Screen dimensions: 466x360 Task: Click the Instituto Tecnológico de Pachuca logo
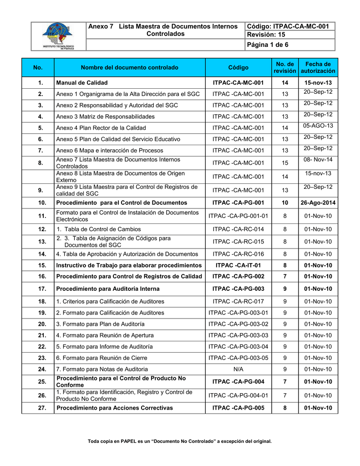click(x=58, y=36)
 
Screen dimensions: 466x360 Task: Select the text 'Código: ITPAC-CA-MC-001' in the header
click(x=287, y=26)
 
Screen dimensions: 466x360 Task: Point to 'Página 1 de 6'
click(x=268, y=45)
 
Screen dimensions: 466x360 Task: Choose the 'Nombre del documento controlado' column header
click(x=130, y=68)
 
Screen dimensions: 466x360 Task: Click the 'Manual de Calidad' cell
click(x=82, y=83)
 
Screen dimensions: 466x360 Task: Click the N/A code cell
click(x=238, y=369)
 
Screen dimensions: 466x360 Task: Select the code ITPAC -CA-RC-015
click(x=238, y=242)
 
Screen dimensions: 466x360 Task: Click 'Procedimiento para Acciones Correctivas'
click(x=114, y=408)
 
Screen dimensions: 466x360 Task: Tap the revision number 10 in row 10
click(x=285, y=203)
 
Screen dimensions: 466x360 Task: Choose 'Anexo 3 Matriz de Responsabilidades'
click(x=105, y=116)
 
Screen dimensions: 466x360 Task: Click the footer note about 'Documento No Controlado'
click(x=180, y=441)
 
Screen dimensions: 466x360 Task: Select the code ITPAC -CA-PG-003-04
click(x=238, y=346)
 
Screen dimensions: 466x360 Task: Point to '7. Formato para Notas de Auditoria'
click(x=101, y=369)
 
